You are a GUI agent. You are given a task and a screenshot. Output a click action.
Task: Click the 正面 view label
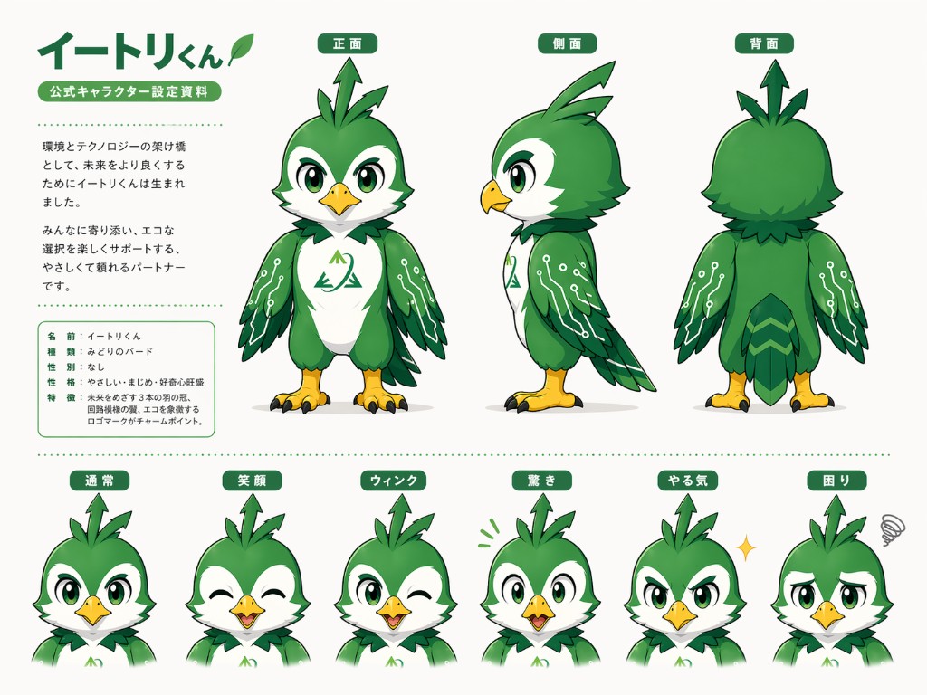point(348,43)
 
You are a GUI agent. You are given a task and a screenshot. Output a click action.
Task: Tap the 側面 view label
point(567,43)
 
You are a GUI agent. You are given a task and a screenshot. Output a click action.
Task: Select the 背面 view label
point(764,43)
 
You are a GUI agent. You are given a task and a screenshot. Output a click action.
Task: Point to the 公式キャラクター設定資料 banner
point(129,91)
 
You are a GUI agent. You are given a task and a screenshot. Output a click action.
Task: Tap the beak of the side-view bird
point(495,195)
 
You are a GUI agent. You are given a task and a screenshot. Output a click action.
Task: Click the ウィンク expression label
point(395,481)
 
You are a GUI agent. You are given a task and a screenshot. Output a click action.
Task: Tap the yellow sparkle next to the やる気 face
point(745,547)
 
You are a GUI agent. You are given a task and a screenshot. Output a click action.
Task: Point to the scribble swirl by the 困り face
point(894,528)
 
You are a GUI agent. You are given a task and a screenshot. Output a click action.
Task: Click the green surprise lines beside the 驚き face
point(489,532)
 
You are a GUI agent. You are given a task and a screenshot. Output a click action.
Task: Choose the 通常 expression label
point(100,481)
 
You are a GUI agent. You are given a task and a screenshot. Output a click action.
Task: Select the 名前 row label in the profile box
point(62,336)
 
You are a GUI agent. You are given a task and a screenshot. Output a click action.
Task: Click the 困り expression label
point(836,481)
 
